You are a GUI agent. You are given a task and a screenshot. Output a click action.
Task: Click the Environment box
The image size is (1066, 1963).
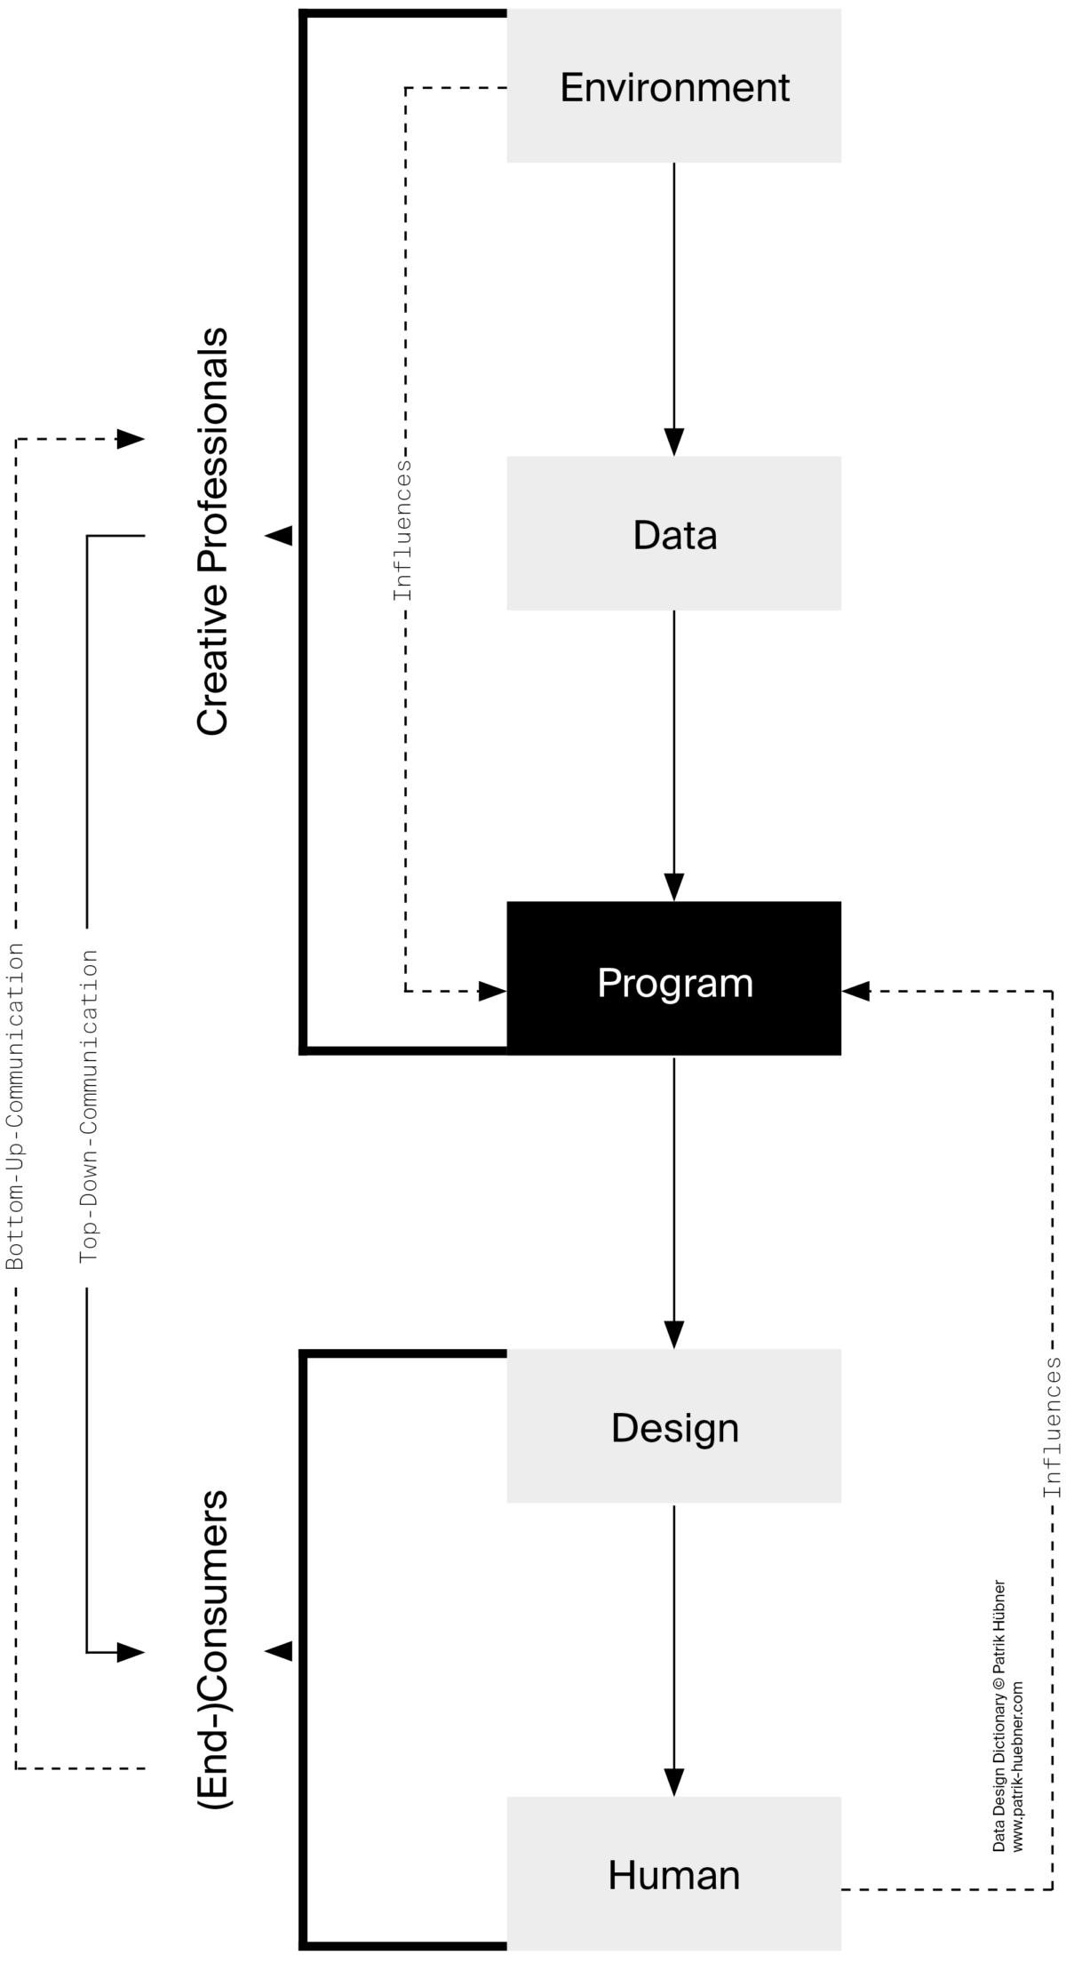pyautogui.click(x=673, y=86)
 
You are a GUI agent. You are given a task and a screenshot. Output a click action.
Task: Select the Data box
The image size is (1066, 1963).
pyautogui.click(x=673, y=533)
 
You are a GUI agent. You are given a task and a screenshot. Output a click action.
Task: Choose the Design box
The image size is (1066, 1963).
pyautogui.click(x=673, y=1426)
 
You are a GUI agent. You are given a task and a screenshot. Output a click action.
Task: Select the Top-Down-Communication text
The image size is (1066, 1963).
pyautogui.click(x=88, y=1105)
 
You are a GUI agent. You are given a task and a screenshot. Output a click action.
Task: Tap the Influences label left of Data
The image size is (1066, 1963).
pyautogui.click(x=403, y=530)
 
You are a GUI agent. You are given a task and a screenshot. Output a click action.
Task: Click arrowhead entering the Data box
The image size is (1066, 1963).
pyautogui.click(x=673, y=441)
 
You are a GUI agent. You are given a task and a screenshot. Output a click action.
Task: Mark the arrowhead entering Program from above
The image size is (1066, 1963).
pyautogui.click(x=673, y=887)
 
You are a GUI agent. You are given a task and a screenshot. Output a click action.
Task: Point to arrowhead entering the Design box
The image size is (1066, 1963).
pyautogui.click(x=673, y=1334)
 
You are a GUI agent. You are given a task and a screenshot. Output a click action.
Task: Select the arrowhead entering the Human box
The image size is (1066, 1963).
pyautogui.click(x=673, y=1781)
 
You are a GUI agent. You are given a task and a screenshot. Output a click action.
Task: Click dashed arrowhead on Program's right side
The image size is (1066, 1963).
pyautogui.click(x=855, y=991)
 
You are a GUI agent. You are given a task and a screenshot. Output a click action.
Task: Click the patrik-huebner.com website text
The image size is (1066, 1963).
pyautogui.click(x=1017, y=1766)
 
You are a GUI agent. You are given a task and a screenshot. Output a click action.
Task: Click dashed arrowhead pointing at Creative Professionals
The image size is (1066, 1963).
pyautogui.click(x=131, y=438)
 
